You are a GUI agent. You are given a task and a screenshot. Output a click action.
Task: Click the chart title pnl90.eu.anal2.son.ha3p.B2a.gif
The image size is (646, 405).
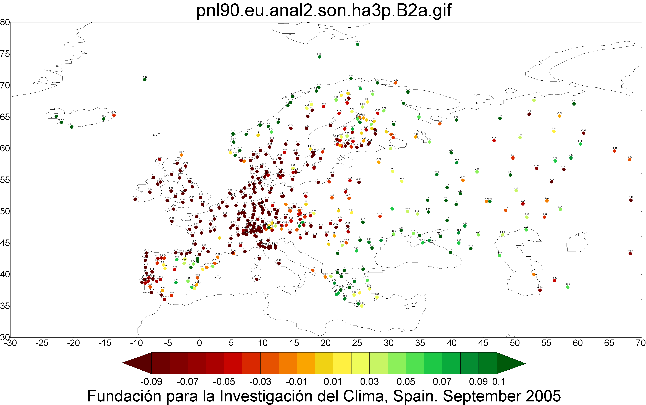point(324,11)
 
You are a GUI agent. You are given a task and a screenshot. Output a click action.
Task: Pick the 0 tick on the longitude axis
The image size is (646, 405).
point(199,343)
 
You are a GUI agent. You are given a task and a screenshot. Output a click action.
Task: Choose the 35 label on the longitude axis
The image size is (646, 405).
point(420,343)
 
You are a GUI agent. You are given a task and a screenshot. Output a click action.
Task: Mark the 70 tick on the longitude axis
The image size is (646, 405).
point(641,343)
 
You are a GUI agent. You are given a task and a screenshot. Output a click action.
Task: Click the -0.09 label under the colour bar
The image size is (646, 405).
point(151,382)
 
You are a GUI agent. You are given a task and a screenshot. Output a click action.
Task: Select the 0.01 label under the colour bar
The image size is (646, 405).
point(333,382)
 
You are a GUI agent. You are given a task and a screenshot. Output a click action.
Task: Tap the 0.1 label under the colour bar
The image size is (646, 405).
point(499,382)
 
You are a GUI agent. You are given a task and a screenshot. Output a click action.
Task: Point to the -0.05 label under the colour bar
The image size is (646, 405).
point(224,382)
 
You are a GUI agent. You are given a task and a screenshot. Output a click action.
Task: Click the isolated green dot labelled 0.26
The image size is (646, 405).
point(145,80)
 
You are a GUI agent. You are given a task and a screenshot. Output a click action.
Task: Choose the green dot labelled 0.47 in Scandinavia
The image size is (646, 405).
point(278,122)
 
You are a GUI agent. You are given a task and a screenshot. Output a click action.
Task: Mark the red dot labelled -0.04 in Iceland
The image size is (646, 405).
point(114,115)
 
